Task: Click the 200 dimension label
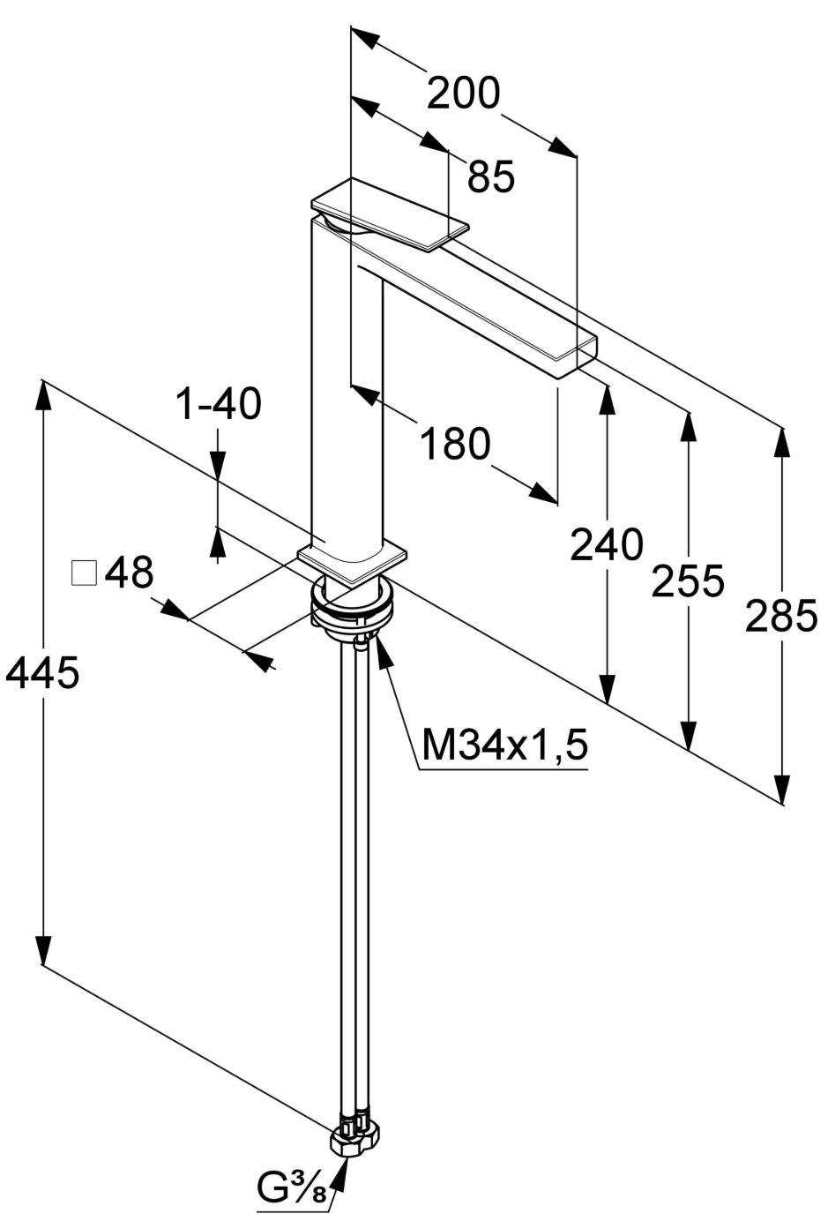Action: click(463, 93)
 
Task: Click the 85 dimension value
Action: click(491, 176)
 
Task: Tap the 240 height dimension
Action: click(607, 544)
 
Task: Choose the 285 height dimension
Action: click(781, 615)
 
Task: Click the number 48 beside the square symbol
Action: click(129, 572)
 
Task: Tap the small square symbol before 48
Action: click(84, 573)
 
